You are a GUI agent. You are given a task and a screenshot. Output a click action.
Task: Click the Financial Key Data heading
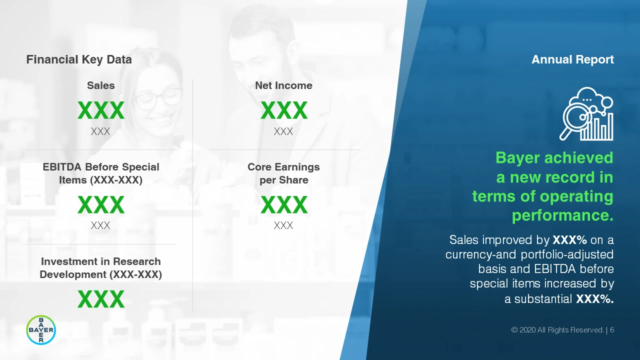coord(79,59)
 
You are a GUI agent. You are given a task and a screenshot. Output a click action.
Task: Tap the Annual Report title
coord(572,59)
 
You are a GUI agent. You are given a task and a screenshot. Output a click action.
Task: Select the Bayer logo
coord(41,330)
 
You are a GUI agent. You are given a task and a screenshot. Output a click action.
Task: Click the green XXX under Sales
coord(101,110)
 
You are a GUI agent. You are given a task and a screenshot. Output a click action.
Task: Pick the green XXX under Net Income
coord(284,110)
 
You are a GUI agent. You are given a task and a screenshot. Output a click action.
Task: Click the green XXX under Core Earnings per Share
coord(284,205)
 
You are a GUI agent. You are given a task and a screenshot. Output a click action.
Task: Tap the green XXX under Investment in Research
coord(101,299)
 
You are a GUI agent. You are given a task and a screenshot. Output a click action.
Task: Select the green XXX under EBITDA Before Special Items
coord(101,205)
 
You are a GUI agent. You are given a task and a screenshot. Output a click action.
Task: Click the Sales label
coord(101,85)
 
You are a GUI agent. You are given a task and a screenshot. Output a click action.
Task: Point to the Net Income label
coord(283,85)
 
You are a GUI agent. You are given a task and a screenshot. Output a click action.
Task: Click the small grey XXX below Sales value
coord(100,131)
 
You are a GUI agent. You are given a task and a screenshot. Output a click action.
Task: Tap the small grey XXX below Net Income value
coord(283,131)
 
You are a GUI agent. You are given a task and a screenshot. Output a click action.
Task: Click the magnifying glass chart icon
coord(586,113)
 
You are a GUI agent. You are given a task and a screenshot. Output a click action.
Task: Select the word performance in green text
coord(562,215)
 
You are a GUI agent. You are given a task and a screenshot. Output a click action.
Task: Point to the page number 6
coord(612,330)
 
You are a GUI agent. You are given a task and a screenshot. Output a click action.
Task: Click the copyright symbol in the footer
coord(514,330)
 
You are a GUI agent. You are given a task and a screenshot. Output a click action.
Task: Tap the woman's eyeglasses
coord(157,98)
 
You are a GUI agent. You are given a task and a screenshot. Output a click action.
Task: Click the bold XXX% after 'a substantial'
coord(595,299)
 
